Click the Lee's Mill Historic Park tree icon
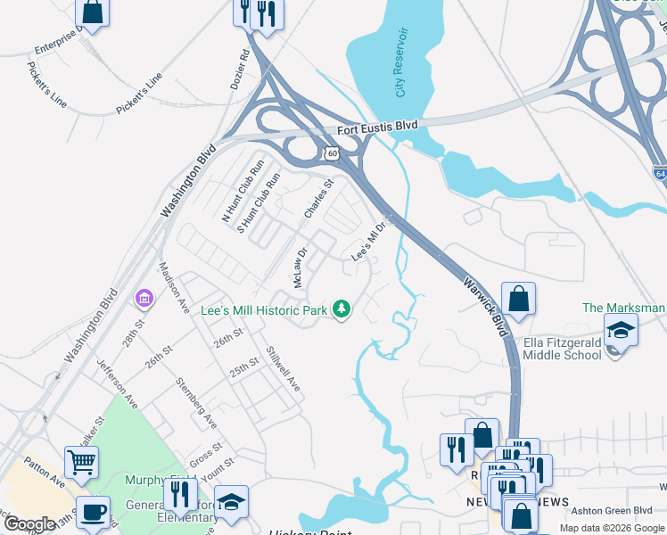coord(340,309)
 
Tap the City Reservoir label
coord(401,62)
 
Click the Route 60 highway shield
coord(332,154)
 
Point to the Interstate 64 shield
coord(659,172)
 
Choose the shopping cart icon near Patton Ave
coord(81,462)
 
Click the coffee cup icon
coord(93,513)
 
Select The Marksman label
coord(623,308)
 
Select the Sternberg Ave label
coord(196,402)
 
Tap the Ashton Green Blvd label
coord(613,510)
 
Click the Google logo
coord(29,524)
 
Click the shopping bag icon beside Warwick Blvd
coord(518,300)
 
